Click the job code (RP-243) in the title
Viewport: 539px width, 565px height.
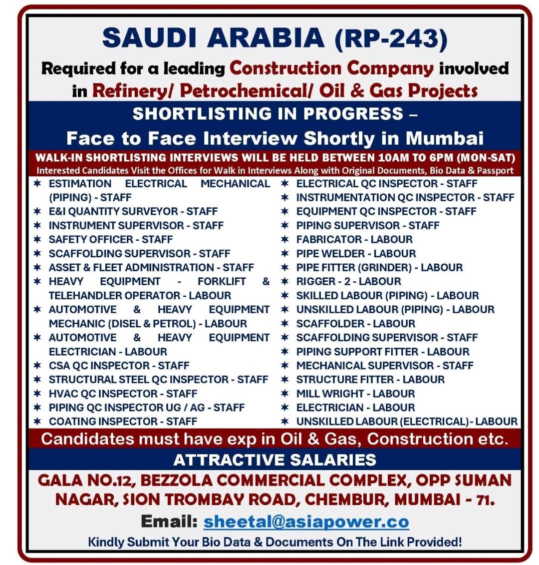[391, 38]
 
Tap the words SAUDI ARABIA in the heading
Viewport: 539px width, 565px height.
[213, 38]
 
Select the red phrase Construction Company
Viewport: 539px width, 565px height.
[331, 68]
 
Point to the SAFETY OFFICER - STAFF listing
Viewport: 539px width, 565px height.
[110, 239]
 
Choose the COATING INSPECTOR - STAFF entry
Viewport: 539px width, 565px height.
[123, 421]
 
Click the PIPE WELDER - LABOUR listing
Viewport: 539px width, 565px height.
[356, 253]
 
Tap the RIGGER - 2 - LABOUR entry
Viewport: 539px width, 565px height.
[348, 281]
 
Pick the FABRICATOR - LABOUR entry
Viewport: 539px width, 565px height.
[354, 239]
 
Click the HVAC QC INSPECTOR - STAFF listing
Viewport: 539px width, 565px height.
[123, 393]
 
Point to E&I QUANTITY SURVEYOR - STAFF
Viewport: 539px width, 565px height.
[133, 211]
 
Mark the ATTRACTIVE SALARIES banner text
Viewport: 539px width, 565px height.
[274, 459]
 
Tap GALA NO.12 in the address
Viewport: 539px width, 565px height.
[85, 480]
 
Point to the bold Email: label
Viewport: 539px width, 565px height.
[169, 521]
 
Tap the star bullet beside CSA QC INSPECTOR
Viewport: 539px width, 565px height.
[37, 365]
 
